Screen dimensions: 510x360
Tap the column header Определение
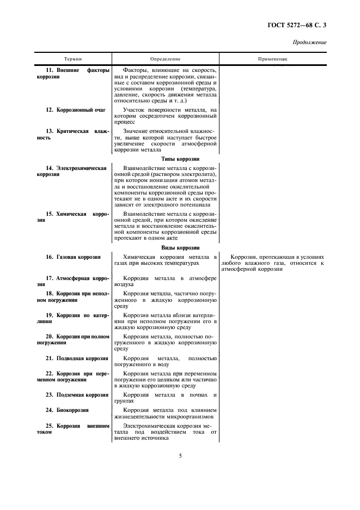(165, 58)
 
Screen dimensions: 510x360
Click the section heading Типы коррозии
(165, 159)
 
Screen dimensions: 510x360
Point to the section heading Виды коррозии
(165, 247)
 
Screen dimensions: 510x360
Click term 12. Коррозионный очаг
(76, 110)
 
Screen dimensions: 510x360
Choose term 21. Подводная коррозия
(77, 358)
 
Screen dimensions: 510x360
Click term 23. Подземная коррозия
(77, 394)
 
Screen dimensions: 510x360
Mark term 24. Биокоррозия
(68, 410)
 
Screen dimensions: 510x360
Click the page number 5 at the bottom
(180, 456)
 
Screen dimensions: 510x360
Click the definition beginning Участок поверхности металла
(165, 116)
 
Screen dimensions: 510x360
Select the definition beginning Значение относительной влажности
(165, 141)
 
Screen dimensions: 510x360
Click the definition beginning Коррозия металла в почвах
(165, 397)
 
